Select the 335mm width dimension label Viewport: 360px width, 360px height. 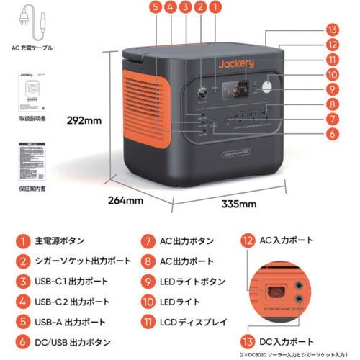tap(238, 204)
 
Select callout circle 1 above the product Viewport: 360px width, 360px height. tap(217, 9)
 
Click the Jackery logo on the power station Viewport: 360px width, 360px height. tap(236, 64)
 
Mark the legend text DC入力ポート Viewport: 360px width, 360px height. tap(287, 341)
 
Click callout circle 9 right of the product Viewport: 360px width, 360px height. tap(331, 89)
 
